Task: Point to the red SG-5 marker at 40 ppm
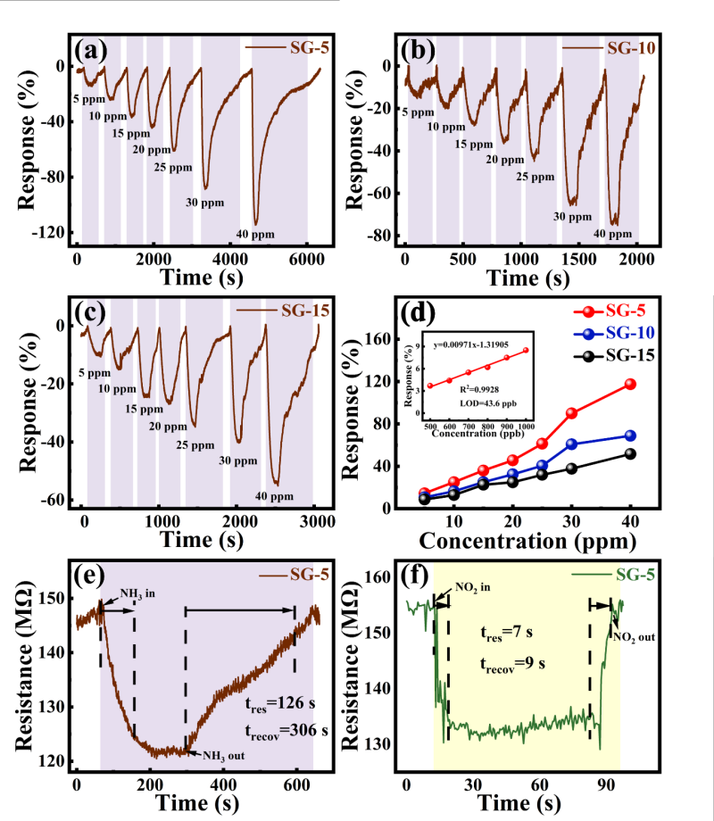click(x=630, y=384)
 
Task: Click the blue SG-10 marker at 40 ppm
click(x=630, y=435)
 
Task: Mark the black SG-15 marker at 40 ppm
click(x=630, y=453)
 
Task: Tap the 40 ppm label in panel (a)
click(x=255, y=235)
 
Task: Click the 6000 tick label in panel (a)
click(x=306, y=258)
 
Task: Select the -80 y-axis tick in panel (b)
click(x=383, y=236)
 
